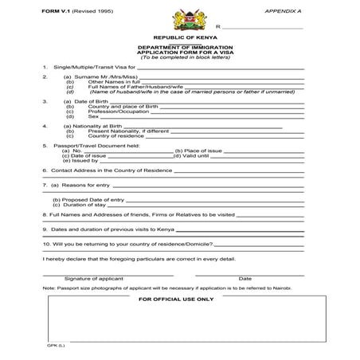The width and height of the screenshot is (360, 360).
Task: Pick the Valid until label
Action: pos(198,155)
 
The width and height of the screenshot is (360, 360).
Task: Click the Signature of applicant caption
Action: pos(93,278)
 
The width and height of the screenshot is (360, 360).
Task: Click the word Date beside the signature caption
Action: pos(245,278)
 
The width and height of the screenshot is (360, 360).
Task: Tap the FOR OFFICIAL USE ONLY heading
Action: pos(176,299)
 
